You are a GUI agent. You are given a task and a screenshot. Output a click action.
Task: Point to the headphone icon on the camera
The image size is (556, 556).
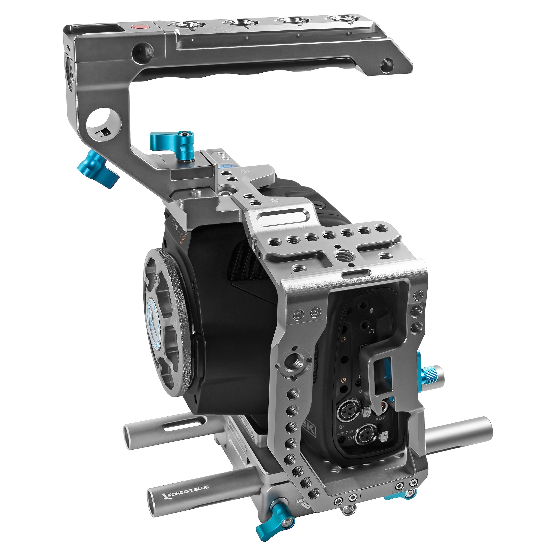coord(371,331)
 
